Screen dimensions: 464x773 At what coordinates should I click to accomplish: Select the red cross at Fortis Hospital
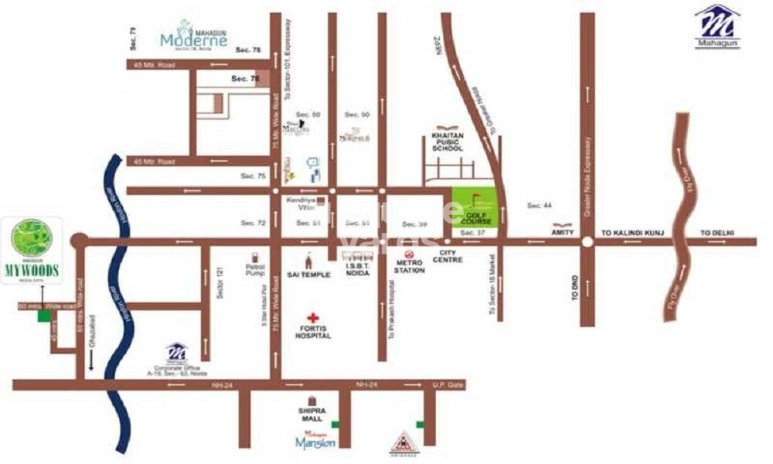(313, 318)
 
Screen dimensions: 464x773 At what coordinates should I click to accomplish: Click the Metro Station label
(410, 266)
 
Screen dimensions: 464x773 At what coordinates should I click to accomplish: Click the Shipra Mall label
(312, 415)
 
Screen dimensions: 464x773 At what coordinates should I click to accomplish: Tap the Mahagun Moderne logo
(192, 35)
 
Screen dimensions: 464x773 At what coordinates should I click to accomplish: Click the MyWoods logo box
(32, 250)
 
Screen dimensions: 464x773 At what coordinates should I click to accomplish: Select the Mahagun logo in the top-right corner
(717, 27)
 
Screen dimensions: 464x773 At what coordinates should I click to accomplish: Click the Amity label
(561, 231)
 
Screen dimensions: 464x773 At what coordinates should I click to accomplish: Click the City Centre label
(451, 256)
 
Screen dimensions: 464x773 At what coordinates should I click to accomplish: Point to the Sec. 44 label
(539, 205)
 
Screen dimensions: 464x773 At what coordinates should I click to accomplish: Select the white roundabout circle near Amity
(587, 241)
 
